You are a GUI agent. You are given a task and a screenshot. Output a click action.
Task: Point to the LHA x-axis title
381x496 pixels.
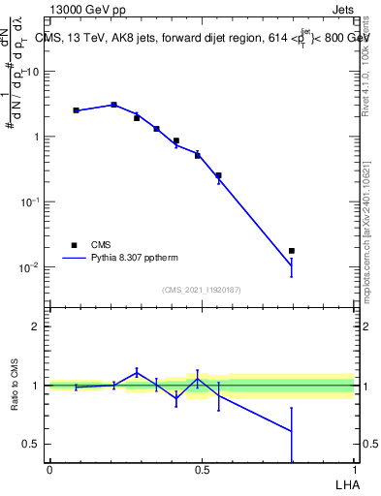(343, 485)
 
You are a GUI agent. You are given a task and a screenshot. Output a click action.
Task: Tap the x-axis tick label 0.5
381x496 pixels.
(202, 470)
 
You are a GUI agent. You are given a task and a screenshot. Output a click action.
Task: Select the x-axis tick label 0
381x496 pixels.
(49, 470)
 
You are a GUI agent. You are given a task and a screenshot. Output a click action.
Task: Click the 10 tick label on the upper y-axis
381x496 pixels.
(34, 71)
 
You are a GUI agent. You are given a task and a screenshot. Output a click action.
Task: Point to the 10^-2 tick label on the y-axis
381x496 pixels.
(30, 266)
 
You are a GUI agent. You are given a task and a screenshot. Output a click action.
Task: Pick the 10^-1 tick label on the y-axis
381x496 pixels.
(30, 201)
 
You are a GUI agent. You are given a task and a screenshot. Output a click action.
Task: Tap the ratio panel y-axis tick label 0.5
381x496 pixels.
(32, 444)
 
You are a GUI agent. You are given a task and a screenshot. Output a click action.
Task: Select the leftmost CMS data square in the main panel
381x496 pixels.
(76, 110)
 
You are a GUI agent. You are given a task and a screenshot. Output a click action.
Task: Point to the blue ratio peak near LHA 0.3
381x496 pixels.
(137, 372)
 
